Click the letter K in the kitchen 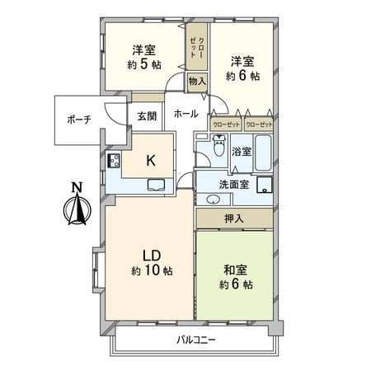tap(151, 161)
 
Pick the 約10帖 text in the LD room tap(151, 270)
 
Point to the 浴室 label tap(242, 152)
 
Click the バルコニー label tap(195, 340)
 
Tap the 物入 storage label tap(196, 81)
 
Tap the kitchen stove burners tap(115, 161)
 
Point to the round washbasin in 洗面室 tap(213, 199)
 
